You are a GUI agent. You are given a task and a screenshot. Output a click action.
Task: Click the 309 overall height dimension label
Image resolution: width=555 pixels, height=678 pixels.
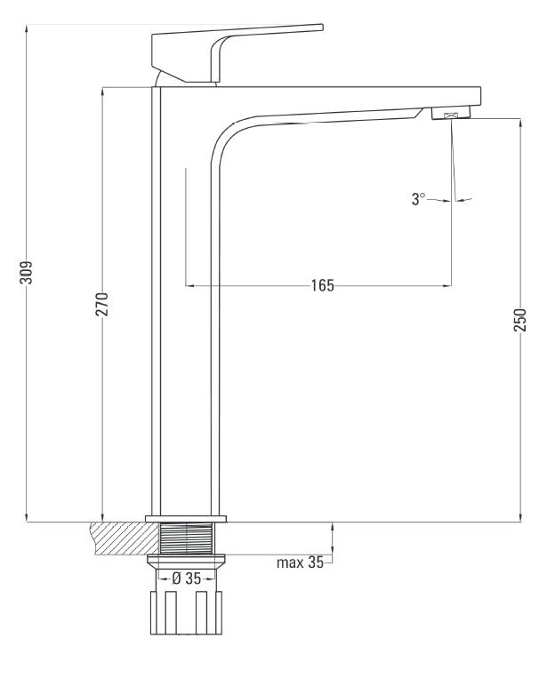pos(27,272)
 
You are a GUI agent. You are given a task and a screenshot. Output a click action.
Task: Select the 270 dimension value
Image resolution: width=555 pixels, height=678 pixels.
pos(102,305)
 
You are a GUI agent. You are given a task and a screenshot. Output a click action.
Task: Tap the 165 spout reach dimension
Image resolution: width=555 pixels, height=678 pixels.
pos(323,285)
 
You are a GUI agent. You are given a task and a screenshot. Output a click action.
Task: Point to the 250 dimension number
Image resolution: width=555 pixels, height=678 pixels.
pos(520,320)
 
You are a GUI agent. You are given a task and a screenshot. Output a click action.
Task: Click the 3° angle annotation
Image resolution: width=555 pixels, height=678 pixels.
pos(418,199)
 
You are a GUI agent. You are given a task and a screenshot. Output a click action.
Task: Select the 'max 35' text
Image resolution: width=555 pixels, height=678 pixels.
pos(300,562)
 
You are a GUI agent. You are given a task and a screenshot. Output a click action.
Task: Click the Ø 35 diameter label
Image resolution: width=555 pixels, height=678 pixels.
pos(187,578)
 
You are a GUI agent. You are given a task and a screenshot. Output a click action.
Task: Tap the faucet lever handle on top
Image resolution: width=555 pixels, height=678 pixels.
pos(237,52)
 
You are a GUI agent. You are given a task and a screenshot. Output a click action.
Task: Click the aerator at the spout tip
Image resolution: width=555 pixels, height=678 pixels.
pos(451,113)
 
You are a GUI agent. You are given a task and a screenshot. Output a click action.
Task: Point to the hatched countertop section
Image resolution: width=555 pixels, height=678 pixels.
pos(125,538)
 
